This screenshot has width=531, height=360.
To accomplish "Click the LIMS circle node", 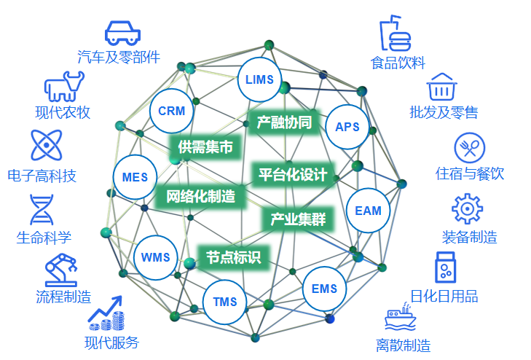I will tap(259, 78).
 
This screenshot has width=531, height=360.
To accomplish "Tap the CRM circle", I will tap(171, 111).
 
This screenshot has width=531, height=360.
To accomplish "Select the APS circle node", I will tap(347, 127).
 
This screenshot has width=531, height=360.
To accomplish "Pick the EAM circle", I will tap(368, 211).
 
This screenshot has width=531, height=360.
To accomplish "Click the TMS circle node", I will tap(226, 302).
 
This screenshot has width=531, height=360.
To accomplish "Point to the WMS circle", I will tap(155, 257).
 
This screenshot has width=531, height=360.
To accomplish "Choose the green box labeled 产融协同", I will tap(284, 122).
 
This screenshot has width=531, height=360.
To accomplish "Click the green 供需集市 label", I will tap(205, 147).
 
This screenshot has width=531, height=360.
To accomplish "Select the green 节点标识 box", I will tap(233, 257).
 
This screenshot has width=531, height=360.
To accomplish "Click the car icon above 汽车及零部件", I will tap(122, 32).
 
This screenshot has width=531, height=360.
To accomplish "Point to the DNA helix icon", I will tap(42, 210).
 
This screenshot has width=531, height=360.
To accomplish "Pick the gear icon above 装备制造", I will tap(467, 208).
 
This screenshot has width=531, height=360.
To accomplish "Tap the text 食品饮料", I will tap(398, 63).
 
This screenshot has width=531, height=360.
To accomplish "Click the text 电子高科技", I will tap(42, 176).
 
